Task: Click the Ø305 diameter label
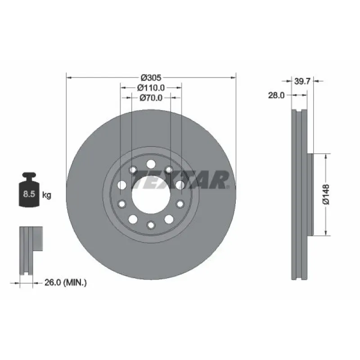[x=151, y=78]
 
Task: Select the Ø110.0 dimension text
[x=151, y=88]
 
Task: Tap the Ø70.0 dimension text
[x=151, y=98]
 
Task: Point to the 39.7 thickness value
[x=302, y=81]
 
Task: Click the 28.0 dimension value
[x=276, y=95]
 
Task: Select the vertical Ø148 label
[x=325, y=194]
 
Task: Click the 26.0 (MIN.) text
[x=65, y=283]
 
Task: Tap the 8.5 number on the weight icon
[x=29, y=194]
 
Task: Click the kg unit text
[x=47, y=195]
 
